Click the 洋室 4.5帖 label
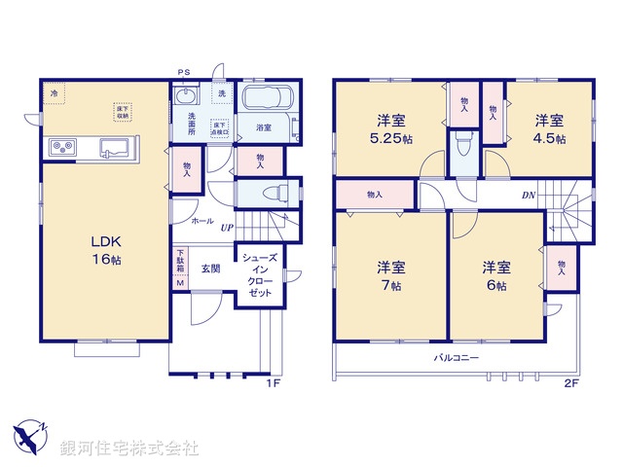(x=548, y=131)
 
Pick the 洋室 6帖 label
(x=495, y=277)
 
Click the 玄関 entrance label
(x=211, y=268)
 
